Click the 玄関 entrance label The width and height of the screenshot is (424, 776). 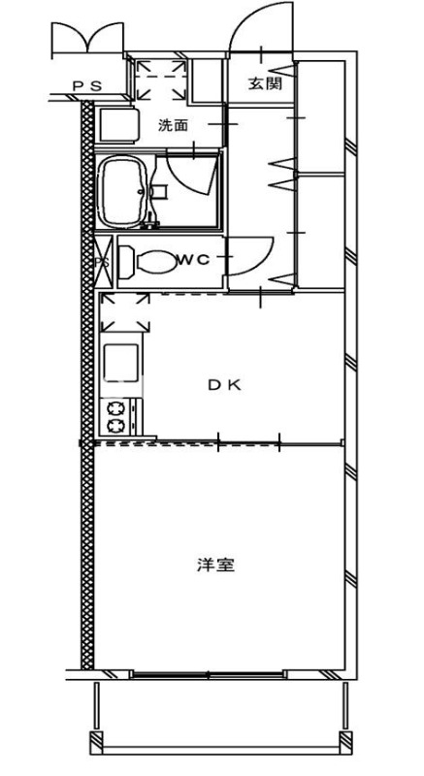(264, 84)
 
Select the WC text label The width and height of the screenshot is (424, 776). (193, 259)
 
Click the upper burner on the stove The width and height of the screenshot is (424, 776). (115, 407)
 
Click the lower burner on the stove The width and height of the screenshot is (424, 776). (115, 425)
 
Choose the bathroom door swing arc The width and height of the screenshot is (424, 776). (190, 175)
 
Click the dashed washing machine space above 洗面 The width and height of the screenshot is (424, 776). (161, 78)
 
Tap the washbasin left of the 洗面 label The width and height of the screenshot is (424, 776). (120, 125)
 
